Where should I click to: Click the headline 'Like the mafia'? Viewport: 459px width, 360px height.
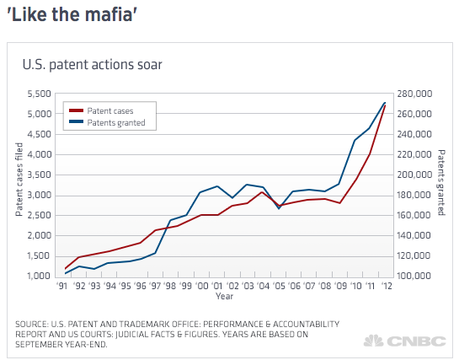[72, 14]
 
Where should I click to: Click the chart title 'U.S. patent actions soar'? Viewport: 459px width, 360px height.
[92, 65]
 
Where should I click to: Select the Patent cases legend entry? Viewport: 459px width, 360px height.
[101, 110]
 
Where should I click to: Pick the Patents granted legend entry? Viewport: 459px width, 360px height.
[107, 122]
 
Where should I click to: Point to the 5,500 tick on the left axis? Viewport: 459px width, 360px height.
[40, 94]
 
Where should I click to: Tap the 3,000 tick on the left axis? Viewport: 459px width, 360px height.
[40, 195]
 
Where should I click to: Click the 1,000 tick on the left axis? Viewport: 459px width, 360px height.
[40, 276]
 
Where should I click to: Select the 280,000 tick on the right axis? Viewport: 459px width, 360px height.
[414, 94]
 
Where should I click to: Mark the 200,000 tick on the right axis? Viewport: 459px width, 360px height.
[414, 175]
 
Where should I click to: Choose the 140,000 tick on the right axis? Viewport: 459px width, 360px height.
[414, 235]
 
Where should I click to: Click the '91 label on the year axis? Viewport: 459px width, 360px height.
[61, 286]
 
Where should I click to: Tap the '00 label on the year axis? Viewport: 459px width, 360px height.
[201, 286]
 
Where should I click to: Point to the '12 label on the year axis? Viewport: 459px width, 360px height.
[387, 286]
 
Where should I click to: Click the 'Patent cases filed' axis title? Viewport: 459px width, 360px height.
[19, 180]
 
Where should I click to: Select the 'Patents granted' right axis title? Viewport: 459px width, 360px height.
[441, 183]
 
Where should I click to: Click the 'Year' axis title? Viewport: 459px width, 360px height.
[225, 296]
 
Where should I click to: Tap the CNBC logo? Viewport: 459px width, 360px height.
[405, 341]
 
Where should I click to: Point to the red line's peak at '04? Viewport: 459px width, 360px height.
[262, 192]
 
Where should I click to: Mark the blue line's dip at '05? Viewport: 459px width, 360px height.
[279, 208]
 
